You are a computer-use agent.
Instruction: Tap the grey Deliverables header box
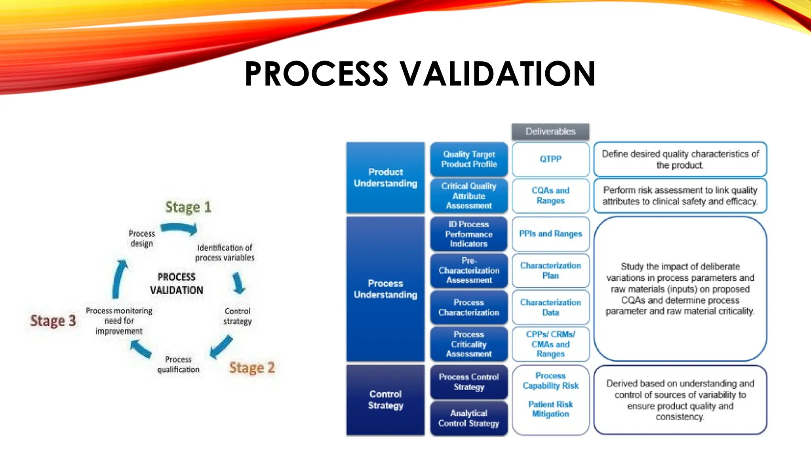click(x=550, y=131)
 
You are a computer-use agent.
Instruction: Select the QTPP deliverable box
click(x=550, y=159)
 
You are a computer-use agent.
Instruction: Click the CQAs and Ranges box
click(x=550, y=196)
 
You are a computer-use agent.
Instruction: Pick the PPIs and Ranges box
click(x=550, y=234)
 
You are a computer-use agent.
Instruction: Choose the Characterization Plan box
click(x=550, y=270)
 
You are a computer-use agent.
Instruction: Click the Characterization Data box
click(x=550, y=307)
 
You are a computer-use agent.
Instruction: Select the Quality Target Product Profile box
click(x=469, y=159)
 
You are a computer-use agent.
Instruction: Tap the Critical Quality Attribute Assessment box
click(x=469, y=196)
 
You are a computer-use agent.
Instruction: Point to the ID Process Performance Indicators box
click(x=469, y=234)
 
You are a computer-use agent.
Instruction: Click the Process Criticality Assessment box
click(x=469, y=344)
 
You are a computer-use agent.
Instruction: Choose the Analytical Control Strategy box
click(x=469, y=418)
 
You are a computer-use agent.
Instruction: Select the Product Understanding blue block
click(x=385, y=178)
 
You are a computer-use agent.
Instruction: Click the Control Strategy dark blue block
click(x=385, y=400)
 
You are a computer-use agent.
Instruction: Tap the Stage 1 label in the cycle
click(x=188, y=207)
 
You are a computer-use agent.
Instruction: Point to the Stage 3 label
click(x=53, y=321)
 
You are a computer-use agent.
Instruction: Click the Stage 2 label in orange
click(x=252, y=368)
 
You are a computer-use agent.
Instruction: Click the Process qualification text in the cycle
click(x=178, y=364)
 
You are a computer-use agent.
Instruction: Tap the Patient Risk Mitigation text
click(x=550, y=409)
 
